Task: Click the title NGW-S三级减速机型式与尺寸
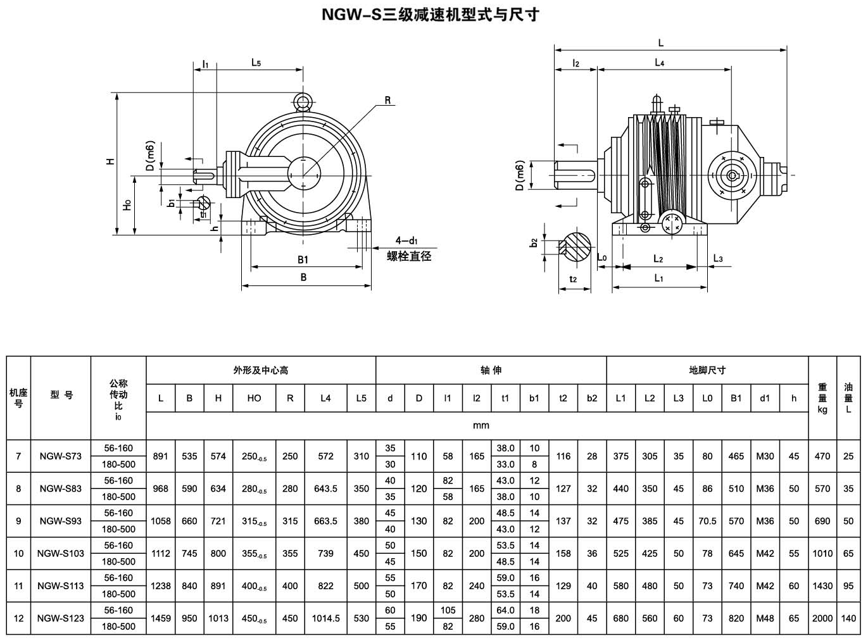(x=430, y=14)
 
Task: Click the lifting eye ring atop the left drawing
(x=303, y=102)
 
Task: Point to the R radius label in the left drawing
(x=387, y=101)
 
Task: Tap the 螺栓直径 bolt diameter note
(x=409, y=256)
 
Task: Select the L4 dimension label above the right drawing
(x=659, y=63)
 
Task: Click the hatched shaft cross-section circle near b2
(x=576, y=247)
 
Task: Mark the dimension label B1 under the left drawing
(x=303, y=259)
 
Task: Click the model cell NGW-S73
(x=61, y=456)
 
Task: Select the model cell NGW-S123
(x=61, y=618)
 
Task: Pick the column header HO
(x=254, y=398)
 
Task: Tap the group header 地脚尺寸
(x=707, y=370)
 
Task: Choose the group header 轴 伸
(x=491, y=370)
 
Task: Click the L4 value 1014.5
(x=325, y=618)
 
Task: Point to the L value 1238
(x=161, y=586)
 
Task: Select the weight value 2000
(x=822, y=618)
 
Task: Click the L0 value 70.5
(x=707, y=521)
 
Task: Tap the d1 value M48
(x=765, y=618)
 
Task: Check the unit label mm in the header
(x=481, y=425)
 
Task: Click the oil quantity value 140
(x=848, y=618)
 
